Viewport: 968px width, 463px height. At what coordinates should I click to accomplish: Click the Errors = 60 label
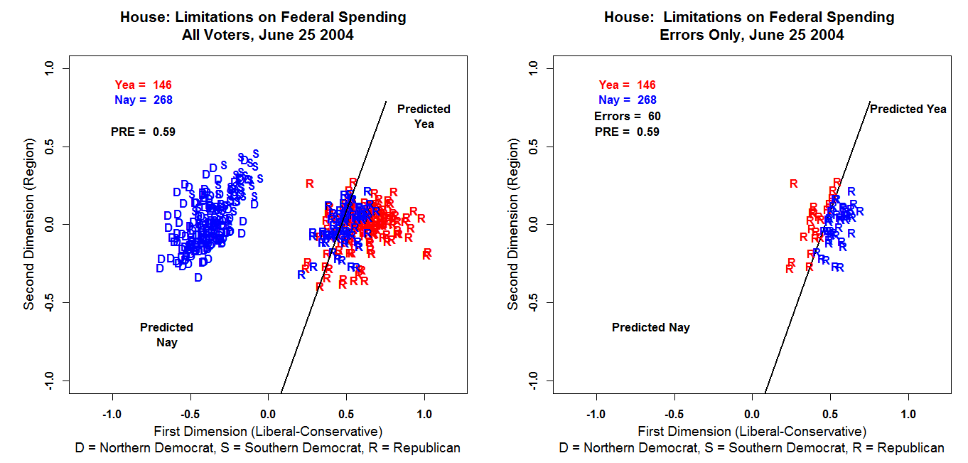628,116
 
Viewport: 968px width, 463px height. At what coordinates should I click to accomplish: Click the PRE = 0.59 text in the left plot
143,132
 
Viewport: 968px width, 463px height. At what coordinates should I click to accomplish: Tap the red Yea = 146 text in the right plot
628,85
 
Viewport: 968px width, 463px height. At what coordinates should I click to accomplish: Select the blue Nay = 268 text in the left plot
144,100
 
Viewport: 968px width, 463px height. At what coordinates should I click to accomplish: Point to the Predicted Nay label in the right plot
650,328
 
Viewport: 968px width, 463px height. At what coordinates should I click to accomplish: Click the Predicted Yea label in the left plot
424,117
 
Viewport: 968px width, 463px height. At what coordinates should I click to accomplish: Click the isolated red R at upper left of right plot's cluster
794,183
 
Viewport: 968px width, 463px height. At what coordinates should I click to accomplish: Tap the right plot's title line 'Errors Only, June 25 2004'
751,35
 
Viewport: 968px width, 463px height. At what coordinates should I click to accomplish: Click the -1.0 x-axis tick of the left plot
112,413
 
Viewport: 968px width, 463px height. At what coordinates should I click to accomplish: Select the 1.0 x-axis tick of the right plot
909,413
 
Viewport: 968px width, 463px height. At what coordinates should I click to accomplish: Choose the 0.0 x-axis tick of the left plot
268,413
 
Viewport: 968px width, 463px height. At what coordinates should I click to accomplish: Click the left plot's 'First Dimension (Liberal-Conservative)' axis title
268,431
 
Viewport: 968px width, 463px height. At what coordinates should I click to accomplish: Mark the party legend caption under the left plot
268,448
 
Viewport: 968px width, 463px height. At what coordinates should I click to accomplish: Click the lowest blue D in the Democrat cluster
198,277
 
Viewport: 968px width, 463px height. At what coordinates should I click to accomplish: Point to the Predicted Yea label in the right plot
908,110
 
